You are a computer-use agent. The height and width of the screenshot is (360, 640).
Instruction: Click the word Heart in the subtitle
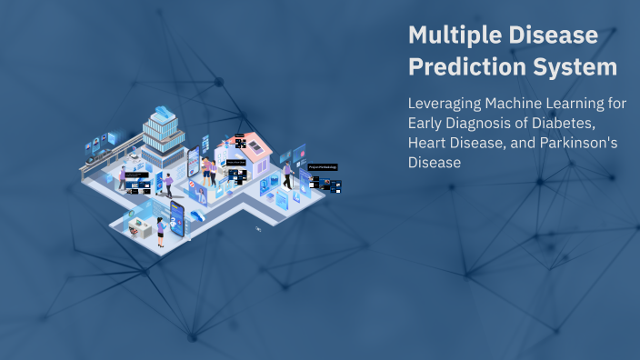point(429,143)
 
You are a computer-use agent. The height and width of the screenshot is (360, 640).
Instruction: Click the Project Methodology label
point(323,167)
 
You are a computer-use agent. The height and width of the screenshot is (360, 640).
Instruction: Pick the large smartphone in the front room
point(175,217)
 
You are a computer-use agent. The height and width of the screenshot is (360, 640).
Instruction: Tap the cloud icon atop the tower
point(163,112)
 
